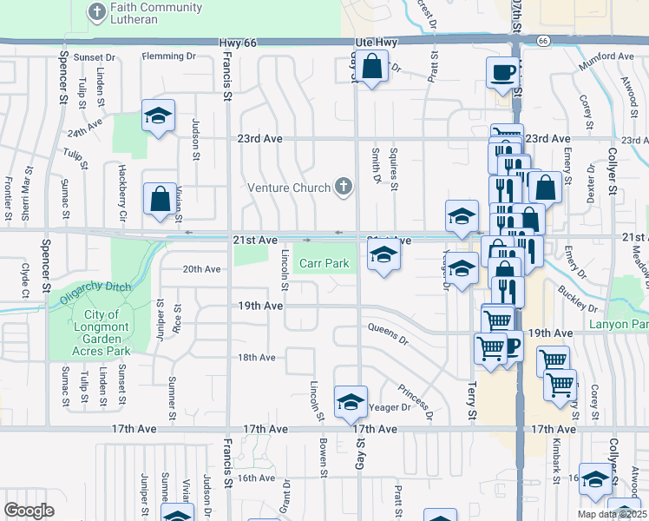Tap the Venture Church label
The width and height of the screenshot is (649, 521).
289,188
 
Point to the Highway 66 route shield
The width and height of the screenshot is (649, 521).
543,41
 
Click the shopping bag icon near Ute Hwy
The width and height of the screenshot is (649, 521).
371,66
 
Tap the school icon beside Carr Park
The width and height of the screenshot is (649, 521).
383,255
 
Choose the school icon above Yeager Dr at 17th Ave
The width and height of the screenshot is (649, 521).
350,401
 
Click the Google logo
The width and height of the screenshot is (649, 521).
29,511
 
